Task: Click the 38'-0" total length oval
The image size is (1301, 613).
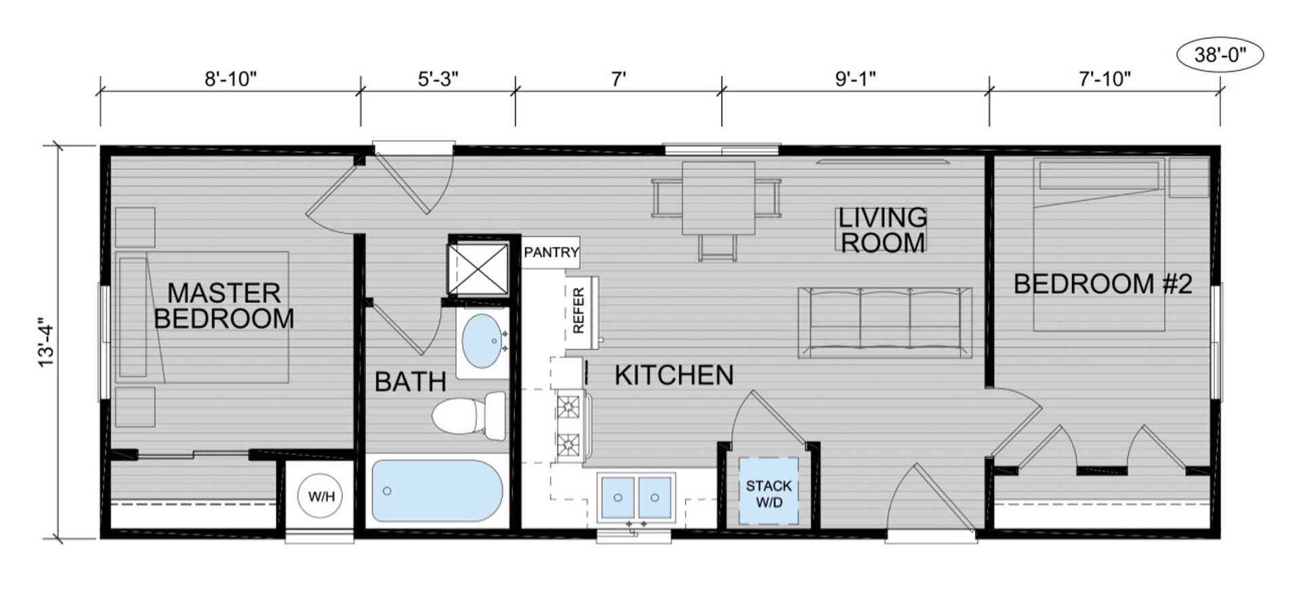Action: pyautogui.click(x=1220, y=55)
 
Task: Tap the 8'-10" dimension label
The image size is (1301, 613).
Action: pyautogui.click(x=231, y=79)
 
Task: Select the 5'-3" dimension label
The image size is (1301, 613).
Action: pyautogui.click(x=438, y=79)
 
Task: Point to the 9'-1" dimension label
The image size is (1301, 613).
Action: pyautogui.click(x=855, y=79)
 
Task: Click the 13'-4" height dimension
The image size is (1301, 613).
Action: pyautogui.click(x=46, y=342)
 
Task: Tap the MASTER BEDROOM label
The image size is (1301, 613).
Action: pyautogui.click(x=224, y=306)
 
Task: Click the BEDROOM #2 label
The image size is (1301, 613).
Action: pyautogui.click(x=1102, y=283)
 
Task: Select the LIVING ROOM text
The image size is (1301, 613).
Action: pyautogui.click(x=882, y=230)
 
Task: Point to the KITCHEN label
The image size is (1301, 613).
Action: pyautogui.click(x=674, y=375)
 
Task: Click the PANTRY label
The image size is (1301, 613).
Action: pyautogui.click(x=551, y=252)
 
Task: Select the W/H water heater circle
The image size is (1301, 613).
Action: pyautogui.click(x=321, y=496)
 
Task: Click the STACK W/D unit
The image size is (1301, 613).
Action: pyautogui.click(x=768, y=492)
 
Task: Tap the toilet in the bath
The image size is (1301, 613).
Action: pyautogui.click(x=468, y=416)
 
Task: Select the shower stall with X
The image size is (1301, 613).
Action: pyautogui.click(x=478, y=269)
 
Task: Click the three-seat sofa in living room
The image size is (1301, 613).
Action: pyautogui.click(x=884, y=322)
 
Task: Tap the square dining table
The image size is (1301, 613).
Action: pyautogui.click(x=718, y=197)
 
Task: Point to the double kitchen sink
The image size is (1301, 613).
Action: pyautogui.click(x=636, y=498)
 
